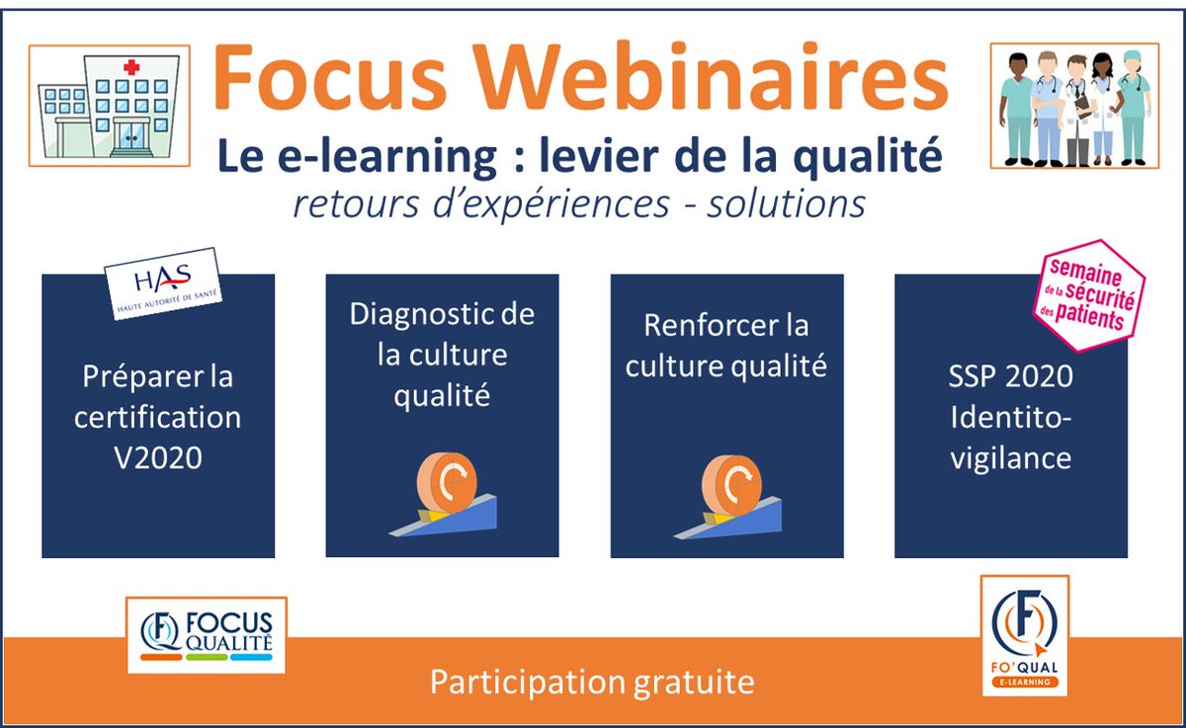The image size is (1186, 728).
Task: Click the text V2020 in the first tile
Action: coord(158,456)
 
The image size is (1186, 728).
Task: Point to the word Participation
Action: coord(522,683)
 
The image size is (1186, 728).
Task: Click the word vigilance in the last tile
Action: coord(1010,458)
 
